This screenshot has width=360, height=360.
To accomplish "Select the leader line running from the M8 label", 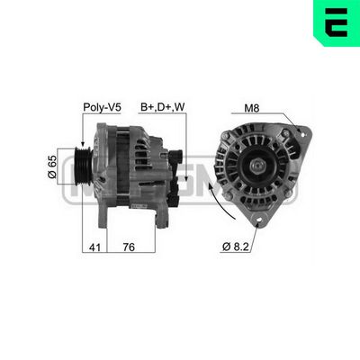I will tap(274, 119).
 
